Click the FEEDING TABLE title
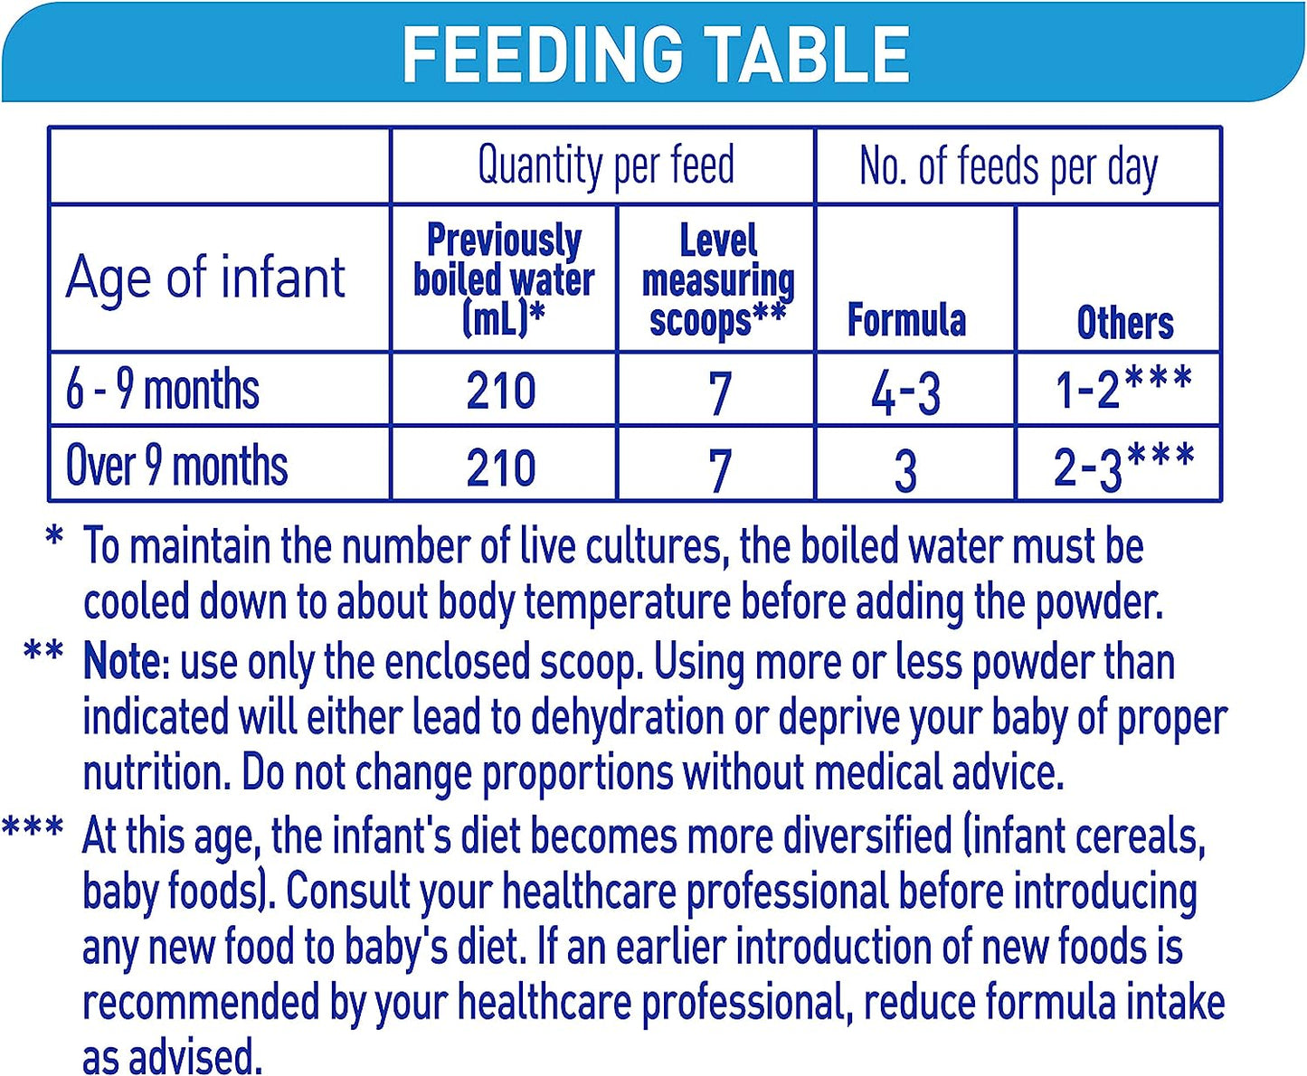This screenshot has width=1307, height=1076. (656, 54)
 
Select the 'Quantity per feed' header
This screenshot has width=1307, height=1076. (605, 165)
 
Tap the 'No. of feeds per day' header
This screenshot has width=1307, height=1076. (1009, 167)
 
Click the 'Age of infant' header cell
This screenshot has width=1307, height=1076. (205, 277)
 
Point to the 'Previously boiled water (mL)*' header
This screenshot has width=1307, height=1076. (504, 279)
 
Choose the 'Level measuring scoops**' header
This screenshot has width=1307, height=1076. (717, 280)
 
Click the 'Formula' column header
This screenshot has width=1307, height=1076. (906, 320)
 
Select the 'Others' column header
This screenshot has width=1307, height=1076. (1125, 322)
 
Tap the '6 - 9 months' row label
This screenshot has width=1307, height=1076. (163, 390)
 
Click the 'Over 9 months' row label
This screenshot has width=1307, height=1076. (177, 466)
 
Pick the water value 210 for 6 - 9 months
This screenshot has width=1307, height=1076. (501, 392)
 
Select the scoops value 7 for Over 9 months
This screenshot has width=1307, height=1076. (719, 470)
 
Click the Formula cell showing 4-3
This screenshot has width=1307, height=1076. (906, 393)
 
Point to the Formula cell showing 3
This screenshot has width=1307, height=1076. (905, 470)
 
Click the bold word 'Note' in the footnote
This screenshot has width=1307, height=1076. (121, 662)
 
